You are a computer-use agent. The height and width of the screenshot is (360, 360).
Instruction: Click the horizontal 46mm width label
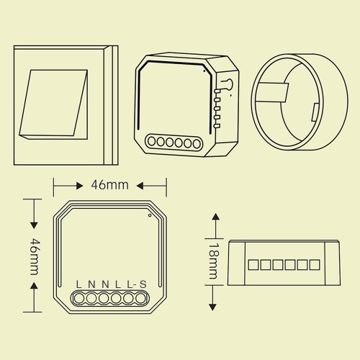(109, 185)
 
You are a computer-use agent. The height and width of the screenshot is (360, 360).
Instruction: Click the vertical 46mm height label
(35, 256)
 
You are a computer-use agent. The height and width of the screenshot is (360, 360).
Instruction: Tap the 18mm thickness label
(213, 261)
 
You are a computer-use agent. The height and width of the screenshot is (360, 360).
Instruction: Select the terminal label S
(143, 284)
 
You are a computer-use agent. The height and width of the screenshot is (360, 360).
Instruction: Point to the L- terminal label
(132, 284)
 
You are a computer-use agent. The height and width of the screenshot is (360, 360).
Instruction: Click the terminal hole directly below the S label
(141, 299)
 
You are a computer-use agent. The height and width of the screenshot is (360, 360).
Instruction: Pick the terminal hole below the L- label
(129, 299)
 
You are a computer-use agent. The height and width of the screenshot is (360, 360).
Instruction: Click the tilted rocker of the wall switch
(53, 104)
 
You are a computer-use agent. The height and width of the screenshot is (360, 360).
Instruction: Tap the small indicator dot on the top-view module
(150, 215)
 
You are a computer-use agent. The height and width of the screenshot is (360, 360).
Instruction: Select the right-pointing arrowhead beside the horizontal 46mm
(80, 186)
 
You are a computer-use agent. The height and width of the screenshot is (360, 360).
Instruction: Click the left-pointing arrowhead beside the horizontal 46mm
(140, 186)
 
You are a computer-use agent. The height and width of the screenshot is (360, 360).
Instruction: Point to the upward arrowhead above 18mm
(216, 217)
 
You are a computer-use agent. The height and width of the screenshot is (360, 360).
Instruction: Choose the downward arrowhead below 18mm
(212, 307)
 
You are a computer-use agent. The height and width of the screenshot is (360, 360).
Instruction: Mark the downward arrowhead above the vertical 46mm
(34, 225)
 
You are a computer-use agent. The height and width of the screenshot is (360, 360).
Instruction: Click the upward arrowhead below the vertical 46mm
(35, 286)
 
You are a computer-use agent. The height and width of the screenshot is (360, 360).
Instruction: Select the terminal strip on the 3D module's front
(174, 143)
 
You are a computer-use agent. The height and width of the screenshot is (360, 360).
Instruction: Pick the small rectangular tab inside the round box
(315, 112)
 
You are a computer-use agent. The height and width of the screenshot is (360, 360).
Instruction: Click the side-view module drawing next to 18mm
(284, 263)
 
